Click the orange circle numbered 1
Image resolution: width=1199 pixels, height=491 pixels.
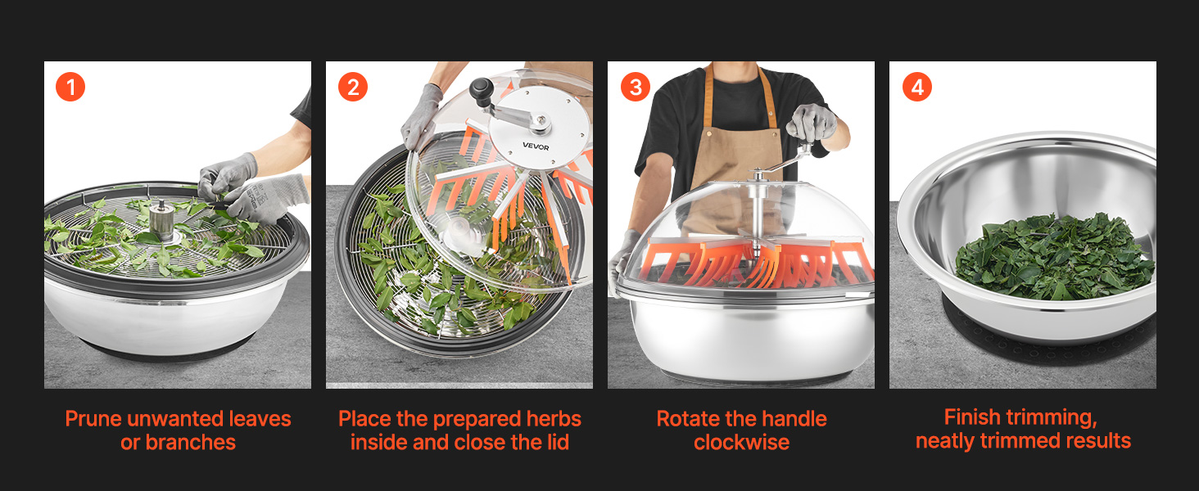pos(70,87)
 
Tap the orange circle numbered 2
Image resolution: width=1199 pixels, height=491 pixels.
pos(353,87)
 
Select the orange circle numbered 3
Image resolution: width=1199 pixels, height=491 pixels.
pos(636,87)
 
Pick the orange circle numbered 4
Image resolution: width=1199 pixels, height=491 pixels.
pos(917,87)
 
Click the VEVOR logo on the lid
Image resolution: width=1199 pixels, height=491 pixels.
pos(536,146)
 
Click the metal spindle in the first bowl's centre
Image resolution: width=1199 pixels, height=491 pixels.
pos(161,220)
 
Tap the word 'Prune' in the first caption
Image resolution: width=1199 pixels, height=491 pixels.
pos(93,419)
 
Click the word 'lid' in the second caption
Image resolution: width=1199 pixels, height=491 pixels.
pos(557,443)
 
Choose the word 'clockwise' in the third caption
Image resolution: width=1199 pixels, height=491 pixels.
pos(741,443)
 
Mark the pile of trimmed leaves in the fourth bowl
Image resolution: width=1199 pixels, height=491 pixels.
pos(1055,256)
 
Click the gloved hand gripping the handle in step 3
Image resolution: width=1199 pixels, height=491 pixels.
pos(811,122)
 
